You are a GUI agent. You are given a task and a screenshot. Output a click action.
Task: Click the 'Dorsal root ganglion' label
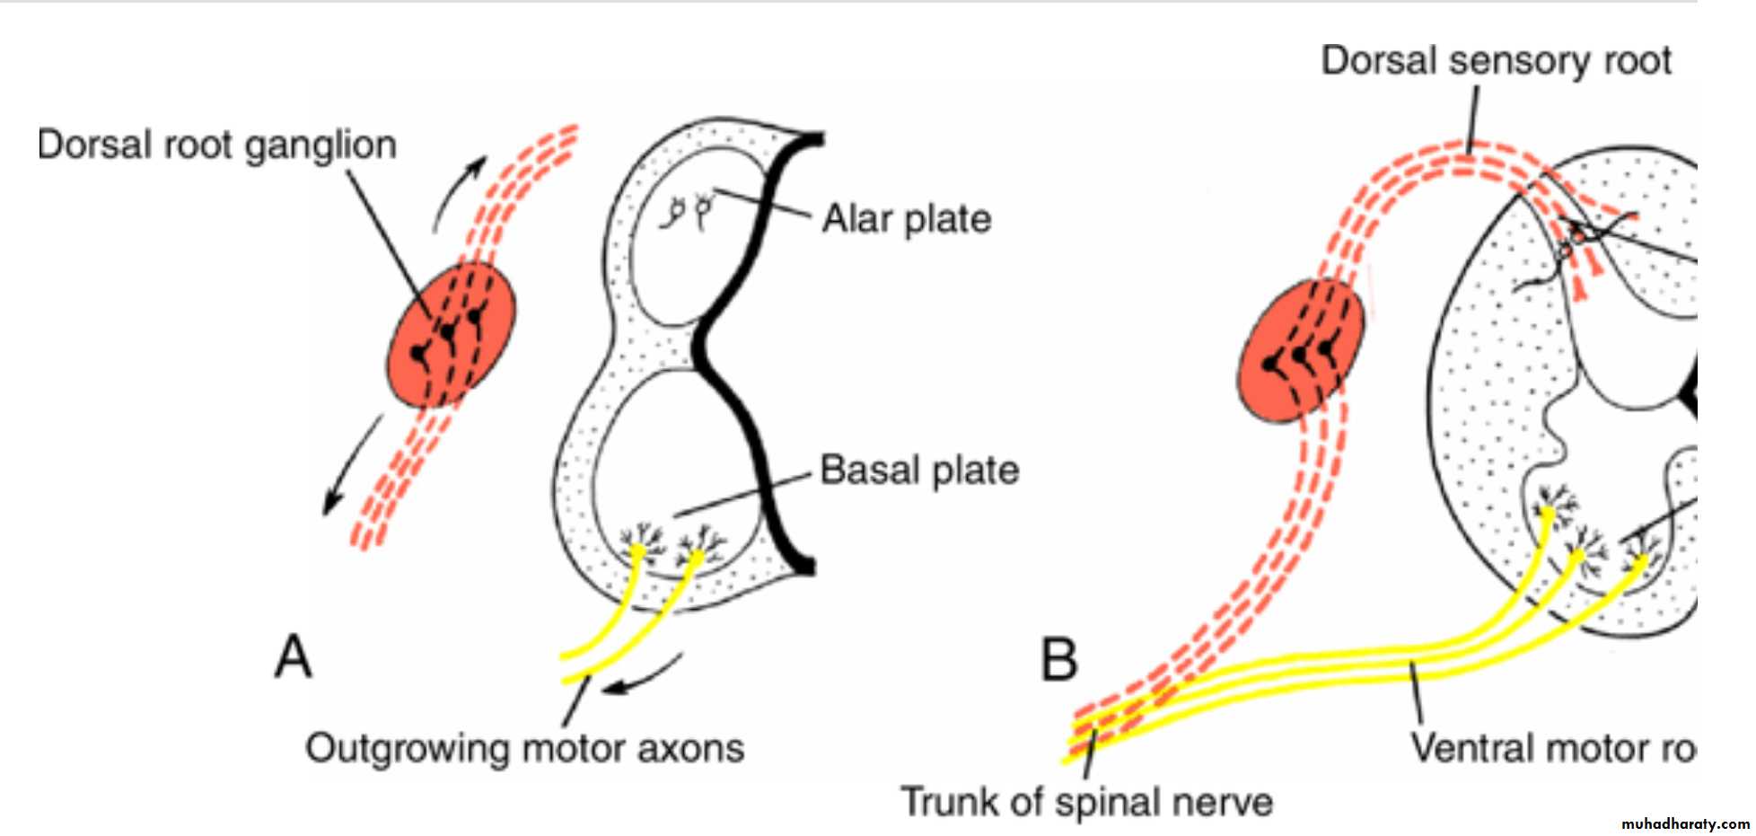(216, 145)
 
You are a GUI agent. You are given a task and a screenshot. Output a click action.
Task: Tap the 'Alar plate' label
(907, 219)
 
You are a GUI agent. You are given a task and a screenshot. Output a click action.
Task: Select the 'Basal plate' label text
(919, 471)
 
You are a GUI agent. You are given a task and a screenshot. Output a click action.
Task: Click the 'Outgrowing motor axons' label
(525, 748)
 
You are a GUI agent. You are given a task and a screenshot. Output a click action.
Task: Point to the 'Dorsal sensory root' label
(1496, 60)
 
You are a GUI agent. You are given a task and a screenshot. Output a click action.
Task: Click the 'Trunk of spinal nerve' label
(1086, 802)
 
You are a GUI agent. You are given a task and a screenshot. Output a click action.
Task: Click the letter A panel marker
(294, 657)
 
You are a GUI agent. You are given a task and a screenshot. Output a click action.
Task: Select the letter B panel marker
(1058, 660)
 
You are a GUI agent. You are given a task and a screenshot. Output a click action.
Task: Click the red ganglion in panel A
(452, 334)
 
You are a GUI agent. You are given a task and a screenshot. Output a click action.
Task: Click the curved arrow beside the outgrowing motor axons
(642, 678)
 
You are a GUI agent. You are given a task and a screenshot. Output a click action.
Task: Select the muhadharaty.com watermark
(1685, 823)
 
